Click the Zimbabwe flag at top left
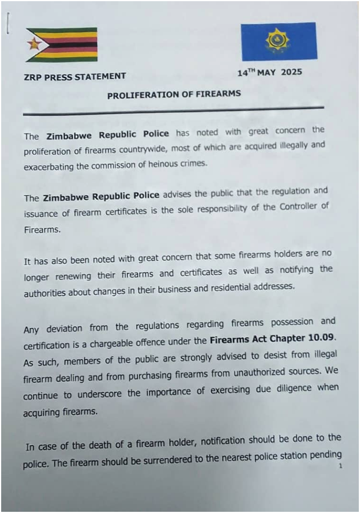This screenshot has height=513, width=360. pos(62,45)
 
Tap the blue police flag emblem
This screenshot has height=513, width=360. pos(278,41)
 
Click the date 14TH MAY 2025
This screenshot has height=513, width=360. pos(269,73)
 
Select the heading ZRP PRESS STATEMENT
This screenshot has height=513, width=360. pos(75,76)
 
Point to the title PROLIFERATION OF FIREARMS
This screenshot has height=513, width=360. pos(174,94)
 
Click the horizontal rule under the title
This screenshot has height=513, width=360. pos(173,110)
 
